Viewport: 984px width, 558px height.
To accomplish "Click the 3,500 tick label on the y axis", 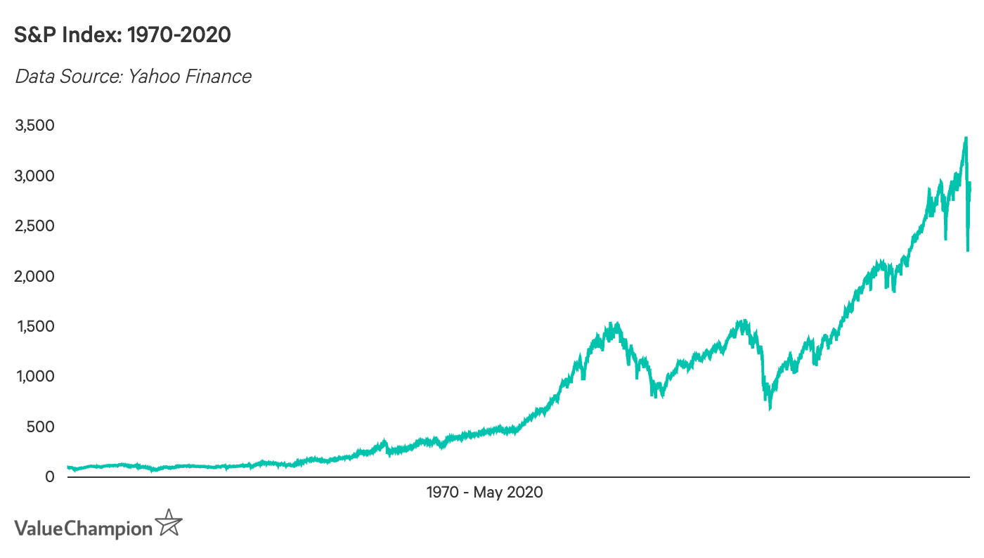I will click(34, 126).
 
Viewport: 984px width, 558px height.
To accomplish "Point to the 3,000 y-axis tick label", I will click(34, 176).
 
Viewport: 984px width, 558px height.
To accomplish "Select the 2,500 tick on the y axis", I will click(34, 226).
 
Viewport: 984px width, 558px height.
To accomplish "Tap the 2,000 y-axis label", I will click(34, 276).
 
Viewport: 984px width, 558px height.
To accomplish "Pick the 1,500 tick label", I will click(34, 327).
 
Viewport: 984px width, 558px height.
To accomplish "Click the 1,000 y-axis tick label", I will click(34, 377).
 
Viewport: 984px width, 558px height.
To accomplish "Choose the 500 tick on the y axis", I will click(40, 427).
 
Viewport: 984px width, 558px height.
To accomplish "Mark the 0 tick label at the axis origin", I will click(49, 477).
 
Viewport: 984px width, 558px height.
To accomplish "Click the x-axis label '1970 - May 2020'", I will click(484, 493).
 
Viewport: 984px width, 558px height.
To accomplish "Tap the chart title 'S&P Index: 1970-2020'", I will click(123, 35).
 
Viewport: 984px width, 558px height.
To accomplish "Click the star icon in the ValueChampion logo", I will click(169, 524).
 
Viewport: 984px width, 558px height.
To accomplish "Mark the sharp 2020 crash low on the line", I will click(968, 249).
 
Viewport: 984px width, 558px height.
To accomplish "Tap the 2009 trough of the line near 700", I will click(770, 408).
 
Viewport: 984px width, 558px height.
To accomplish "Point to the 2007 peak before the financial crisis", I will click(742, 322).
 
